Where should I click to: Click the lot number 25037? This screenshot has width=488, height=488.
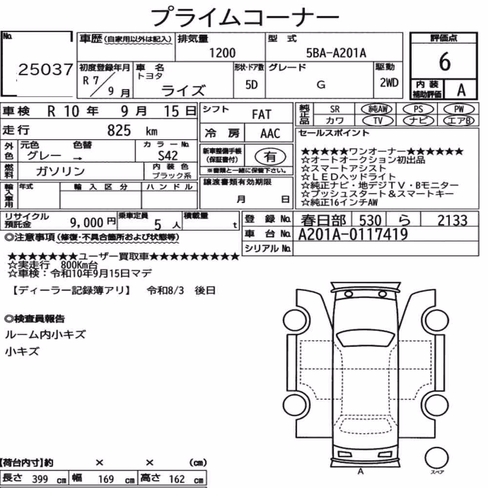[x=45, y=69]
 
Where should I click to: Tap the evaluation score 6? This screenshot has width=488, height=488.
[x=445, y=61]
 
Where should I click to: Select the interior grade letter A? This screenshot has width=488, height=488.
[x=461, y=90]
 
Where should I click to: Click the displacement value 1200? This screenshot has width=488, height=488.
[x=222, y=53]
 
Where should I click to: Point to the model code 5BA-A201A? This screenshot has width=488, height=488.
[x=336, y=53]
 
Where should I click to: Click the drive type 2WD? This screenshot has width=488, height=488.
[x=389, y=82]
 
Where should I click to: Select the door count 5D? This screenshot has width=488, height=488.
[x=251, y=84]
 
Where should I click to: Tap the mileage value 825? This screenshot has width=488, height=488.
[x=119, y=130]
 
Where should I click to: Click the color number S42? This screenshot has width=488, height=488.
[x=168, y=155]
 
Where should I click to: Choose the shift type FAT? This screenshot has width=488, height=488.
[x=262, y=115]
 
